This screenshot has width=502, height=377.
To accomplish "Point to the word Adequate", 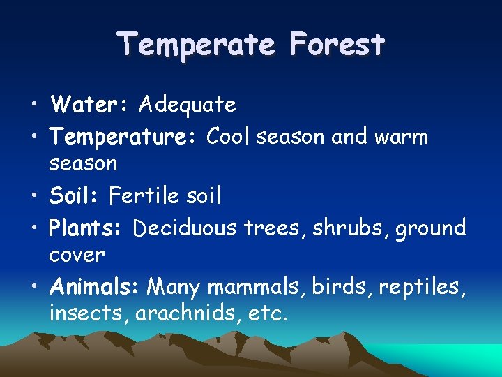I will pos(188,105).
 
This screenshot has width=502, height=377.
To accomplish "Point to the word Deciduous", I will pos(185,228).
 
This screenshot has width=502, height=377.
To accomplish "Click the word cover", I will pos(77,255).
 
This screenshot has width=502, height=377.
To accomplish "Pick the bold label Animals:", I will pos(96,287).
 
